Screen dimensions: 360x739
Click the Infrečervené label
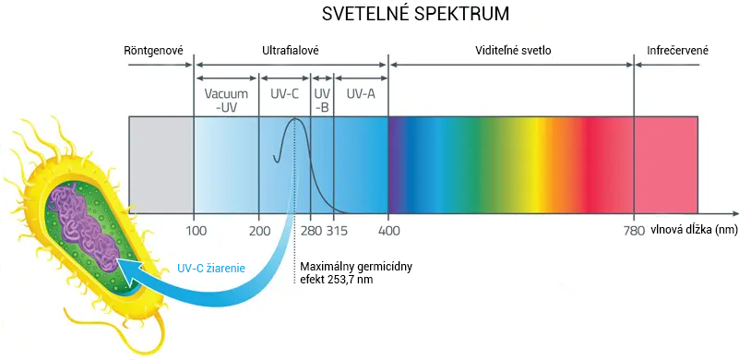click(678, 50)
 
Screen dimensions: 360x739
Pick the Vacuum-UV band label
click(226, 100)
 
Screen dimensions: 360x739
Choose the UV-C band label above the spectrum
click(285, 93)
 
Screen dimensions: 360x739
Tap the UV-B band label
click(322, 100)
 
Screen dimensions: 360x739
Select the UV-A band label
click(361, 93)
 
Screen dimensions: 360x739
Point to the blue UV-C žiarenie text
click(210, 269)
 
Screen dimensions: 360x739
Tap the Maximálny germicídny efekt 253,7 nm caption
click(355, 272)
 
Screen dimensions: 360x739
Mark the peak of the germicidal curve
click(296, 119)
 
